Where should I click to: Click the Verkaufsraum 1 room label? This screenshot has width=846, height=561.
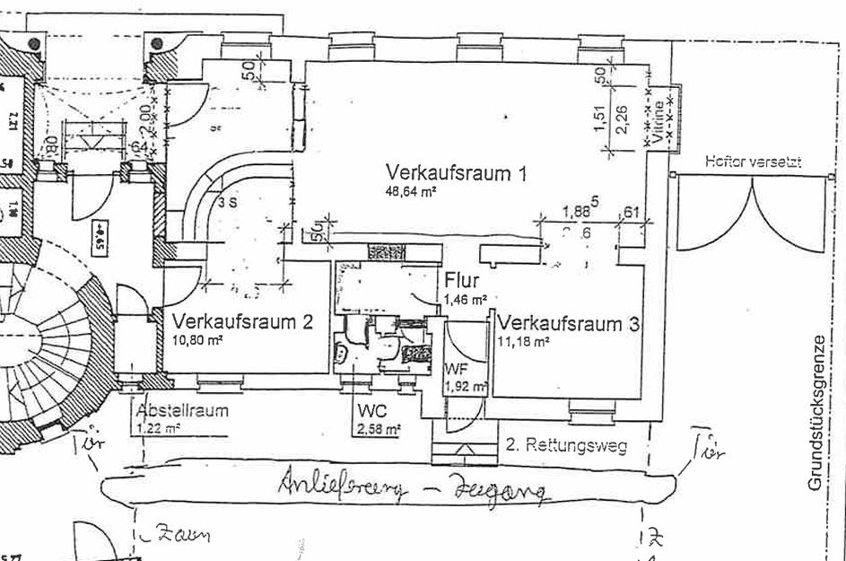tap(455, 173)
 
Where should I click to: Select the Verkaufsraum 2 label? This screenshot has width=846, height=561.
tap(242, 321)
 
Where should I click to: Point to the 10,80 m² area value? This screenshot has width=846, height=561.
tap(197, 340)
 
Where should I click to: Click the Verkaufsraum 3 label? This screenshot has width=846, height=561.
tap(569, 323)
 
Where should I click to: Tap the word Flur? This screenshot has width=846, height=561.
tap(461, 281)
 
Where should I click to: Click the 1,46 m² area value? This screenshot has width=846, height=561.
tap(466, 299)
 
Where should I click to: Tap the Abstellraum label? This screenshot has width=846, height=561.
tap(182, 411)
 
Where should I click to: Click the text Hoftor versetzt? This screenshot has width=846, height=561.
tap(753, 162)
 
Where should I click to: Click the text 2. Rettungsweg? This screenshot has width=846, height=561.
tap(565, 444)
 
